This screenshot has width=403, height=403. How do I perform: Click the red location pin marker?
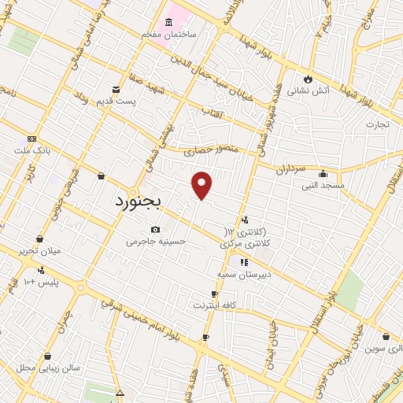point(202,185)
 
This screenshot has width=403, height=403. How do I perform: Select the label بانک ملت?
point(31,149)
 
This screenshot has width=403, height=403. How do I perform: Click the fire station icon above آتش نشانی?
point(308,79)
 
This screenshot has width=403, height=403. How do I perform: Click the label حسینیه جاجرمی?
point(156,242)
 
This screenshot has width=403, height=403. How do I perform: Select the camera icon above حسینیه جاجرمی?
point(155,229)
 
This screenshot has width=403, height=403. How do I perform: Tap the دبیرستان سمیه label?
point(244,275)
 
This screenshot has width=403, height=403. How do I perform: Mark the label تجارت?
point(378,124)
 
